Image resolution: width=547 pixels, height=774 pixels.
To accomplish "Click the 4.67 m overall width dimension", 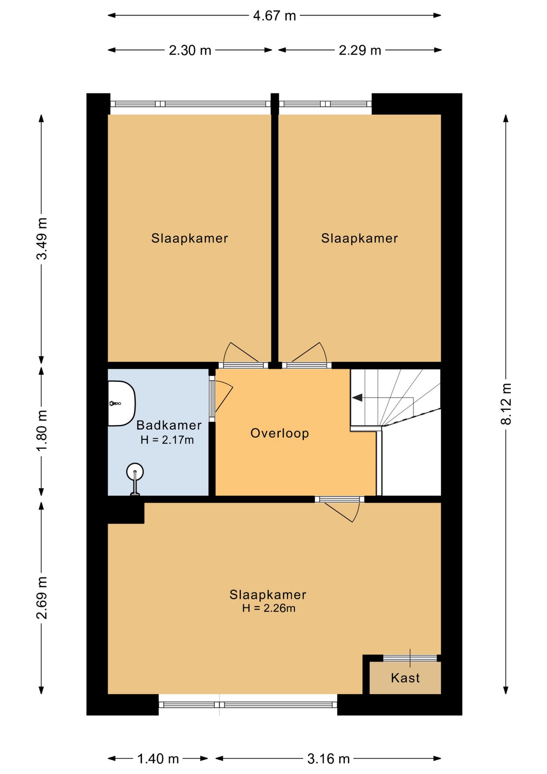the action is tap(274, 16).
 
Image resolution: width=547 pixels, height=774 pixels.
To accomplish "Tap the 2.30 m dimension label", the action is tap(190, 50).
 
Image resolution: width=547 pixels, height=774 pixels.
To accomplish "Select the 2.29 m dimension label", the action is tap(360, 50).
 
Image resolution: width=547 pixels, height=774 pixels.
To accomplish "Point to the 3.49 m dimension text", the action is tap(42, 239).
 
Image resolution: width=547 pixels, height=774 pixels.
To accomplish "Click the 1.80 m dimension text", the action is tap(42, 431).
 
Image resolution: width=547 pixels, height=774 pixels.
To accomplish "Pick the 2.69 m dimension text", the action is tap(42, 598).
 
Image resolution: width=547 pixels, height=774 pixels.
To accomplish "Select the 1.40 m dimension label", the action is tap(158, 759).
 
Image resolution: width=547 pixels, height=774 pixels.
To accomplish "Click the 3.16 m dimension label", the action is tap(328, 759).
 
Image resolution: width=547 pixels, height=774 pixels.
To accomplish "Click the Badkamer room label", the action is tap(169, 425).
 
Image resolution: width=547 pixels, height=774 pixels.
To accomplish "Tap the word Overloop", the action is tap(280, 433).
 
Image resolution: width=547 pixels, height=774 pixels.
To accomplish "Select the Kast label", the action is tap(405, 678).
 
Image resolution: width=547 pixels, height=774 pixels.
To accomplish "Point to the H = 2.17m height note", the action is tap(167, 440).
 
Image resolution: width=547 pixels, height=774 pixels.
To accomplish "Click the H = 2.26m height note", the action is tap(269, 608).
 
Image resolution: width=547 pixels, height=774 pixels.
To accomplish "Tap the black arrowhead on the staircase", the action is tap(357, 398).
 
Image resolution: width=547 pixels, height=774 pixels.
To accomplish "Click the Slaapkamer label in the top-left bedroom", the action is tap(189, 238).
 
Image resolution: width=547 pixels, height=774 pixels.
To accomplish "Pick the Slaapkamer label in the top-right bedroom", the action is tap(359, 238).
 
